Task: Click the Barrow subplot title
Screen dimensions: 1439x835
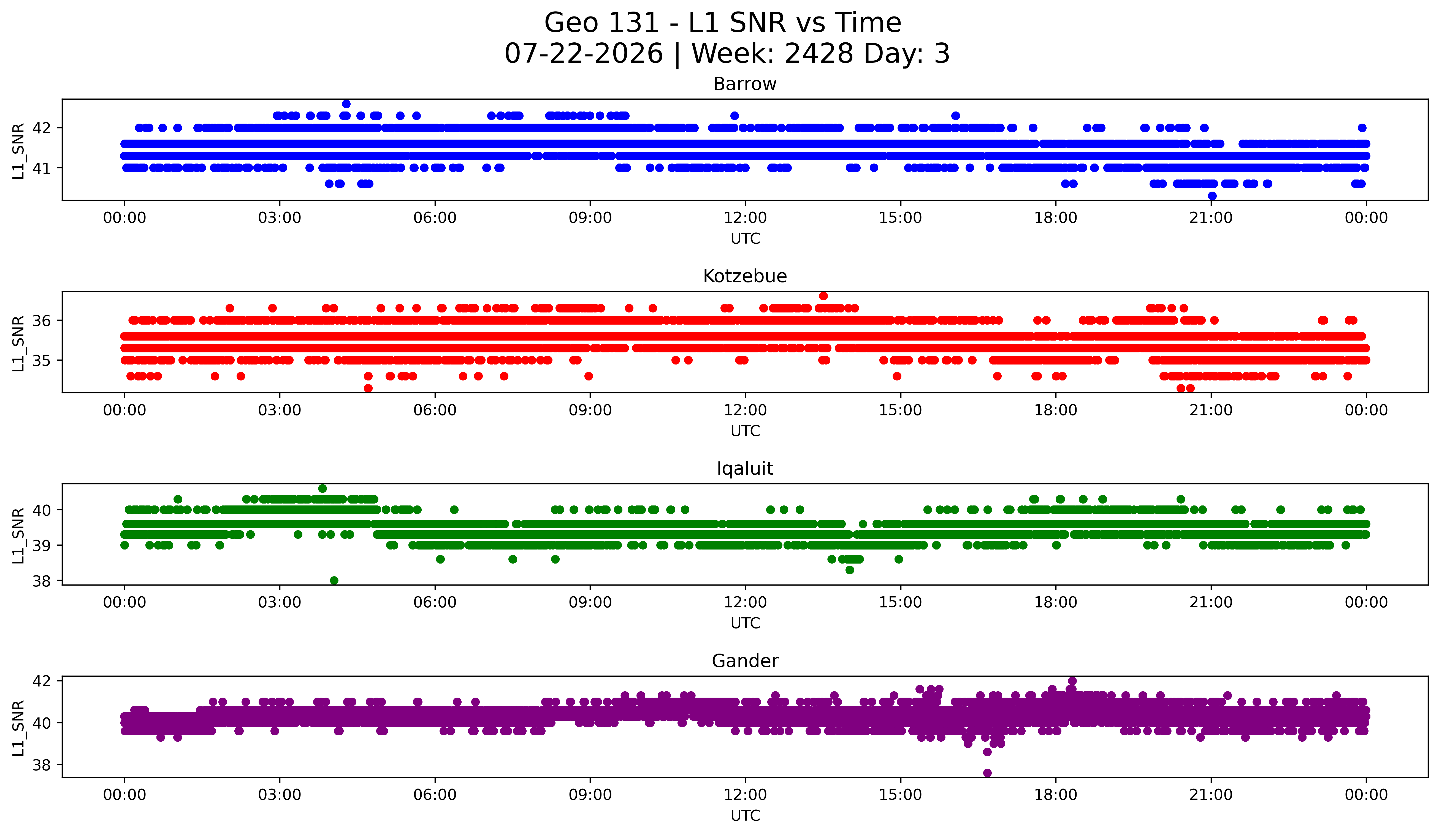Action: click(745, 84)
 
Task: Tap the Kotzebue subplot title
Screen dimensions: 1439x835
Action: click(745, 276)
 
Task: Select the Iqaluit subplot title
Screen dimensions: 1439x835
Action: click(745, 469)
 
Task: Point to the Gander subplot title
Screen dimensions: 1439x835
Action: click(745, 661)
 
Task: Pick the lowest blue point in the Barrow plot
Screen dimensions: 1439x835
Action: click(1212, 196)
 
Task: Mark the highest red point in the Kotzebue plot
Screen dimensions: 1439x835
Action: click(823, 296)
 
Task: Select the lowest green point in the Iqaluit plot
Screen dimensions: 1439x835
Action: click(334, 580)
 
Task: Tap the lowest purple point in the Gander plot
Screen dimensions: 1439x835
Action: click(987, 773)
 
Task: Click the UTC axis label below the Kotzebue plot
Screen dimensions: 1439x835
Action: click(745, 431)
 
